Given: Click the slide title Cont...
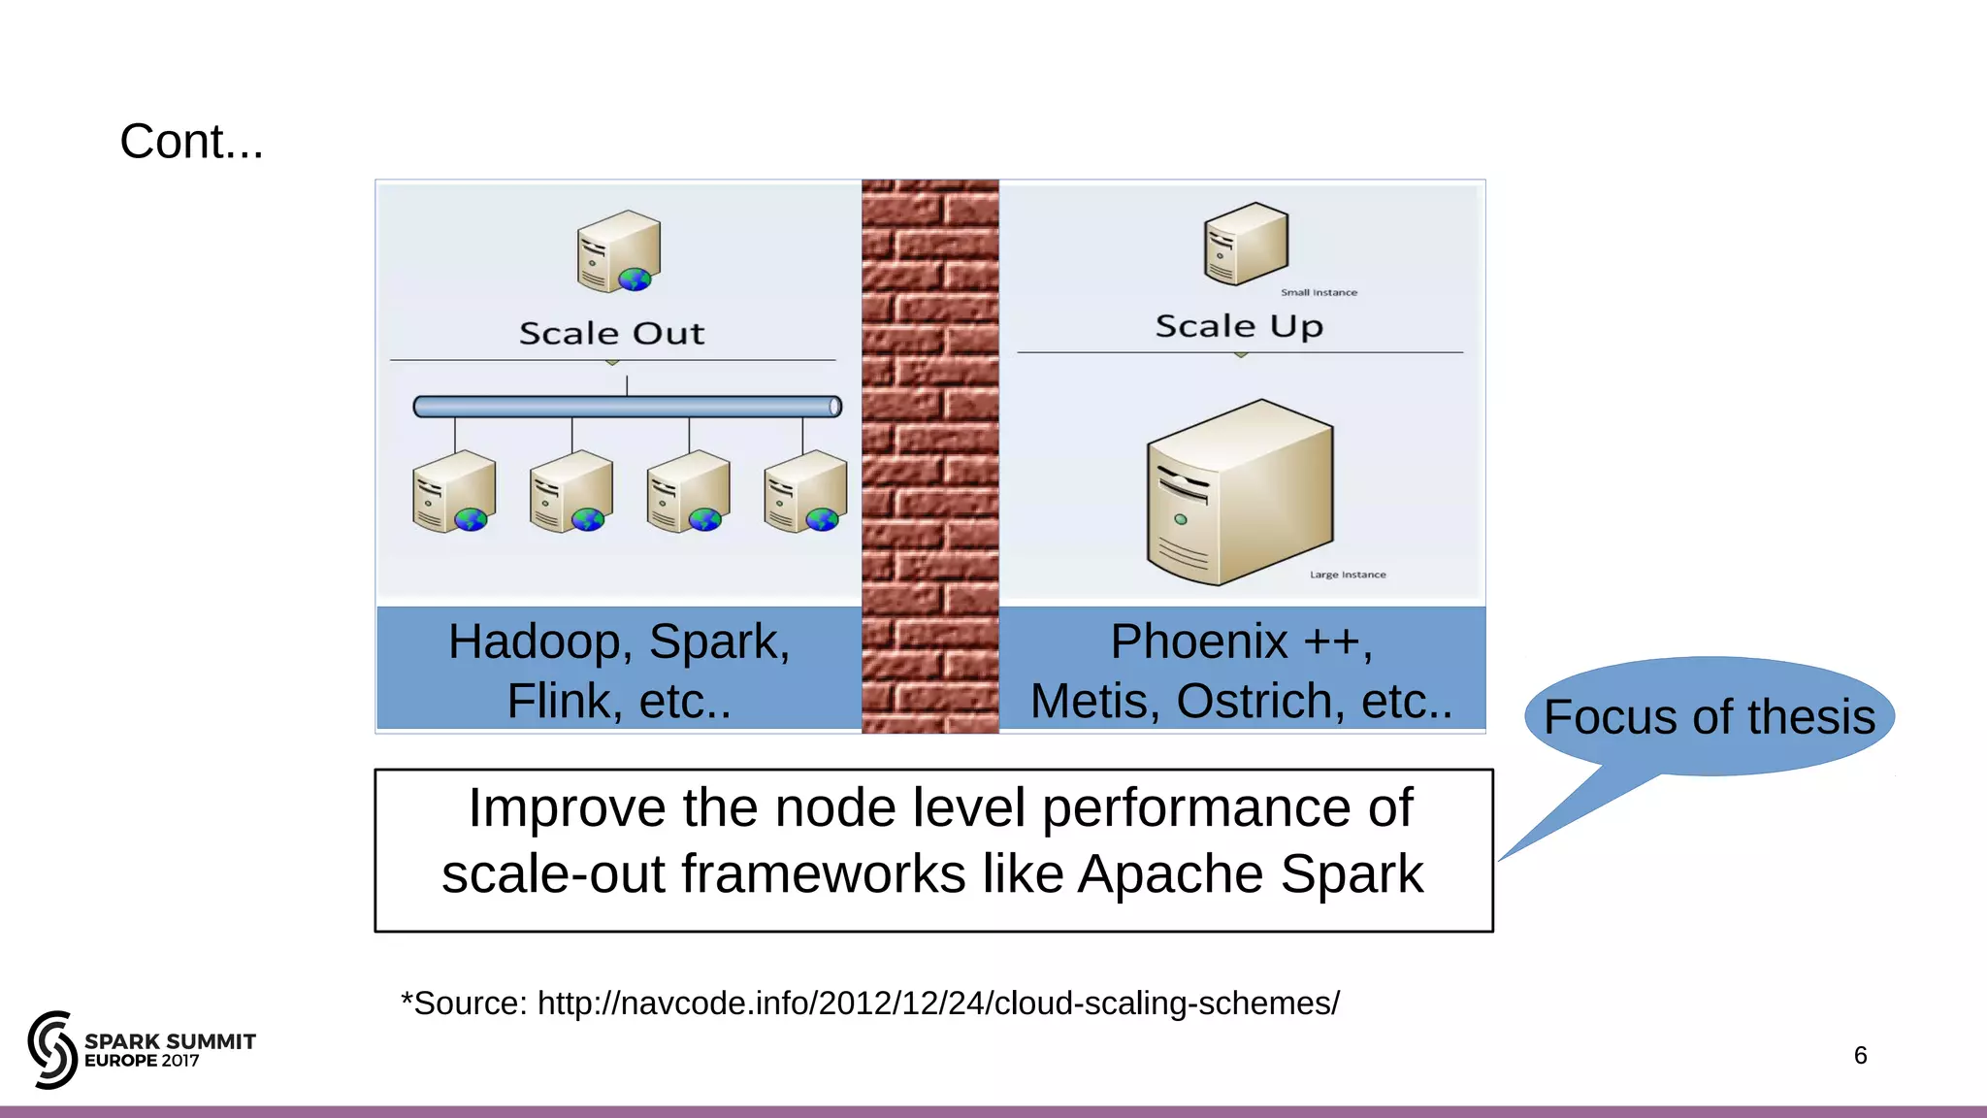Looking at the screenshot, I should point(191,142).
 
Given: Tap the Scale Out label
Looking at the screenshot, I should point(611,333).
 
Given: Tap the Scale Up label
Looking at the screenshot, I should point(1239,326).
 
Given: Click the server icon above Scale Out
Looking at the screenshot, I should point(618,251).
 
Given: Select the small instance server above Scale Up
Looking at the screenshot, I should point(1246,244).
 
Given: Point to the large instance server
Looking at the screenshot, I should point(1240,492).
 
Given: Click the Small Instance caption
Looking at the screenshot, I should point(1319,292).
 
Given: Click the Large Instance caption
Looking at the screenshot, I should point(1348,575).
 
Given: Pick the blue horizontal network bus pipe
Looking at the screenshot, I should point(627,407).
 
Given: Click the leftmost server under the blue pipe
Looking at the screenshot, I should point(453,491).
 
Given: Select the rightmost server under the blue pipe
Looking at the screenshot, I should point(805,491).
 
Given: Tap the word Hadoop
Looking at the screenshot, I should point(535,642).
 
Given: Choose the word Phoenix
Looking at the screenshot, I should point(1199,642).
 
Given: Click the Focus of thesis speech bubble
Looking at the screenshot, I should point(1709,717).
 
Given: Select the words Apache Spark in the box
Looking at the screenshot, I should point(1251,874).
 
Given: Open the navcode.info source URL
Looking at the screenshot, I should point(938,1003).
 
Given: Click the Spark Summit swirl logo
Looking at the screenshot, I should point(52,1049).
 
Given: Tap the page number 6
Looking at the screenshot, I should point(1860,1055).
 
